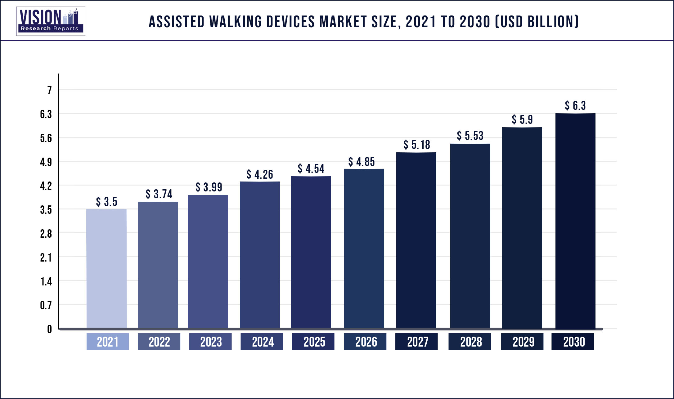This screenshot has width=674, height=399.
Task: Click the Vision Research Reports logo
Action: (x=51, y=21)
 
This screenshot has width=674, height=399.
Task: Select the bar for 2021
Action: (x=106, y=268)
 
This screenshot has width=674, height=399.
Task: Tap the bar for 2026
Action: (x=364, y=248)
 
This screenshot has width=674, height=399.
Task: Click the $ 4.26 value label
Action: (x=260, y=174)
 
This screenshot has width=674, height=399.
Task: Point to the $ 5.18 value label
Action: (x=417, y=145)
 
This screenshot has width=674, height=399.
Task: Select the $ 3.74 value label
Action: (x=159, y=194)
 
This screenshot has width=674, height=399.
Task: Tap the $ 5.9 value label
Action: (x=522, y=119)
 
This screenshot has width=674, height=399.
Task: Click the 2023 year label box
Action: (x=210, y=342)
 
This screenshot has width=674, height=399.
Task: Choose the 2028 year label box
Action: (x=470, y=342)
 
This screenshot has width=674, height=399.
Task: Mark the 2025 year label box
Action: (x=313, y=342)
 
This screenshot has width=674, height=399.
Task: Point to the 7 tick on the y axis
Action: (x=49, y=90)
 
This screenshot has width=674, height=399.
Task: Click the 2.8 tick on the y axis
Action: (x=46, y=234)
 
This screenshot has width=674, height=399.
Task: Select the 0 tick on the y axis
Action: (x=49, y=329)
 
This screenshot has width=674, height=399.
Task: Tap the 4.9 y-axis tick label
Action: (x=46, y=162)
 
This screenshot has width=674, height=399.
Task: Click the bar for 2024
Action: (x=260, y=254)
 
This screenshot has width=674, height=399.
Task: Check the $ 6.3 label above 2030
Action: (x=575, y=105)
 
